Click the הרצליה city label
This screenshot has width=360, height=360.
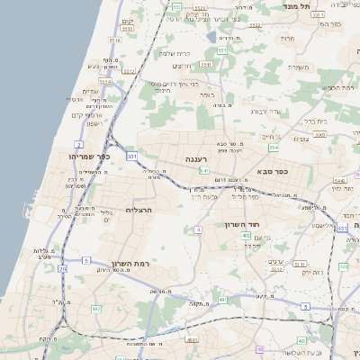click(140, 210)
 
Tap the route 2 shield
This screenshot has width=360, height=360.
click(79, 144)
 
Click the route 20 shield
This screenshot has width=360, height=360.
click(62, 269)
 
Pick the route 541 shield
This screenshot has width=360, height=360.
click(205, 170)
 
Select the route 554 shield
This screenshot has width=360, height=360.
click(273, 148)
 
